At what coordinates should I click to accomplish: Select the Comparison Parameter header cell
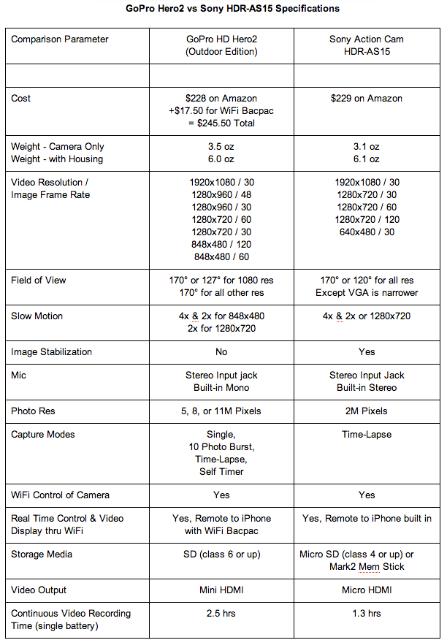60,39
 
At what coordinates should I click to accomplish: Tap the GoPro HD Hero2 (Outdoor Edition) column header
221,45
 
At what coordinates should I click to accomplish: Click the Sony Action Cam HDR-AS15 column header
367,45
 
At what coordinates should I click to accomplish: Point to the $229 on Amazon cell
367,98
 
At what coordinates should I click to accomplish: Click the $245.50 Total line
221,123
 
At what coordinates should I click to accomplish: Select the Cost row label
21,98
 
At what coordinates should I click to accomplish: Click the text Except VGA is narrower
367,292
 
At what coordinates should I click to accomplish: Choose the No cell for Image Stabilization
221,351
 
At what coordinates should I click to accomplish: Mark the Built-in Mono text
221,387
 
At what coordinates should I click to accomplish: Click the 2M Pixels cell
367,411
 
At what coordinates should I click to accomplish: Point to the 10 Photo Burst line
221,446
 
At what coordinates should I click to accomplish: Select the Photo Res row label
33,411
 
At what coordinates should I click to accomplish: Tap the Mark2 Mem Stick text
367,566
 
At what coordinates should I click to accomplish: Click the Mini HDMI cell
221,590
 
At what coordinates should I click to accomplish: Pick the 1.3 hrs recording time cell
367,613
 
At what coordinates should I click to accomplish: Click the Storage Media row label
42,554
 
